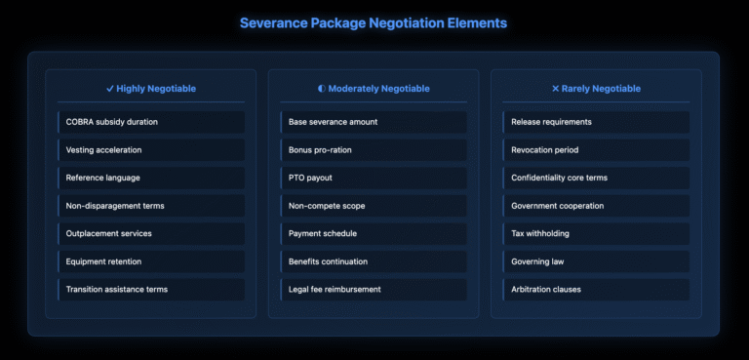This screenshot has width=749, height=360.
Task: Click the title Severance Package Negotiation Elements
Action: pyautogui.click(x=374, y=21)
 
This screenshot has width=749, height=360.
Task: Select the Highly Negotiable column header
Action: pyautogui.click(x=156, y=89)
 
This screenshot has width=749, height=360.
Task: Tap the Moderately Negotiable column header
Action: pyautogui.click(x=378, y=89)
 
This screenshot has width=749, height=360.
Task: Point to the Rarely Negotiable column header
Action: pyautogui.click(x=600, y=89)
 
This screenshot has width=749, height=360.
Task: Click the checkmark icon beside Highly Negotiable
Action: pyautogui.click(x=110, y=89)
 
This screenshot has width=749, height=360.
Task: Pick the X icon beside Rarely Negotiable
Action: pyautogui.click(x=556, y=89)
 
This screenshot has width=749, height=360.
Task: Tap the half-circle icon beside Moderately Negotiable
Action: pyautogui.click(x=322, y=89)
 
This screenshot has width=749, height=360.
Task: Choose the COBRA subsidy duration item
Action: pyautogui.click(x=111, y=122)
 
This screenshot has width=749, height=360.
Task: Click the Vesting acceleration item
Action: pyautogui.click(x=103, y=150)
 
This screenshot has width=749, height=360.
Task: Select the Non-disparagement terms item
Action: pyautogui.click(x=115, y=206)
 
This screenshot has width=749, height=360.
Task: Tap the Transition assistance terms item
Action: pyautogui.click(x=117, y=290)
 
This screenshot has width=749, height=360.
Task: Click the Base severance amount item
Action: pyautogui.click(x=333, y=122)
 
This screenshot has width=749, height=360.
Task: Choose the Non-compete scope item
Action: pyautogui.click(x=329, y=206)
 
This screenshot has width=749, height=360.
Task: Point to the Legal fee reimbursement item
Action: pyautogui.click(x=335, y=290)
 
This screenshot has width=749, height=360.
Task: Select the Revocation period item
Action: pyautogui.click(x=544, y=150)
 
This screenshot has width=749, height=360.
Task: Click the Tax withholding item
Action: pyautogui.click(x=540, y=234)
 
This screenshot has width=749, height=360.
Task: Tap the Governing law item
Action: pyautogui.click(x=537, y=261)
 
